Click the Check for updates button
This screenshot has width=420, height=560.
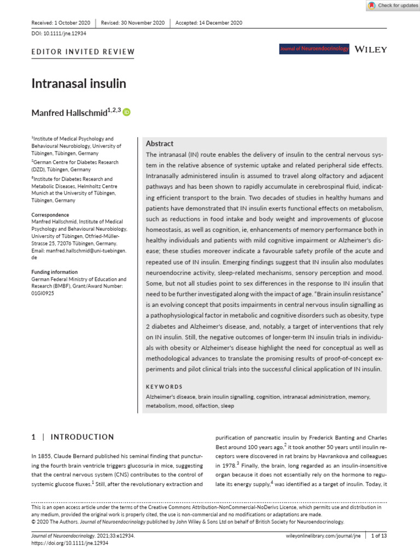click(x=392, y=5)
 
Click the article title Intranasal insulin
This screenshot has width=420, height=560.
click(x=79, y=84)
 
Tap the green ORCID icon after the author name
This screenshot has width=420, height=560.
click(x=127, y=113)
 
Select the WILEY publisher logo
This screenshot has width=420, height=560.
click(x=371, y=49)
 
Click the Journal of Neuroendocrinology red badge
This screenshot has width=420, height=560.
click(x=314, y=49)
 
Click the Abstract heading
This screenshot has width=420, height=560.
click(x=160, y=143)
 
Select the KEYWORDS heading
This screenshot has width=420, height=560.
click(x=164, y=386)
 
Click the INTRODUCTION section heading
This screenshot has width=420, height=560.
click(x=81, y=437)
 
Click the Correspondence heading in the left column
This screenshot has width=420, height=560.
click(x=50, y=215)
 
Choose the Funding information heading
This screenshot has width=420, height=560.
click(x=54, y=272)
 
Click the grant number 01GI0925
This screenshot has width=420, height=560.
click(x=43, y=293)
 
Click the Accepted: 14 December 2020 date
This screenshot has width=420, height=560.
click(x=208, y=23)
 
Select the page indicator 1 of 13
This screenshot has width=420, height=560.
click(x=378, y=536)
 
